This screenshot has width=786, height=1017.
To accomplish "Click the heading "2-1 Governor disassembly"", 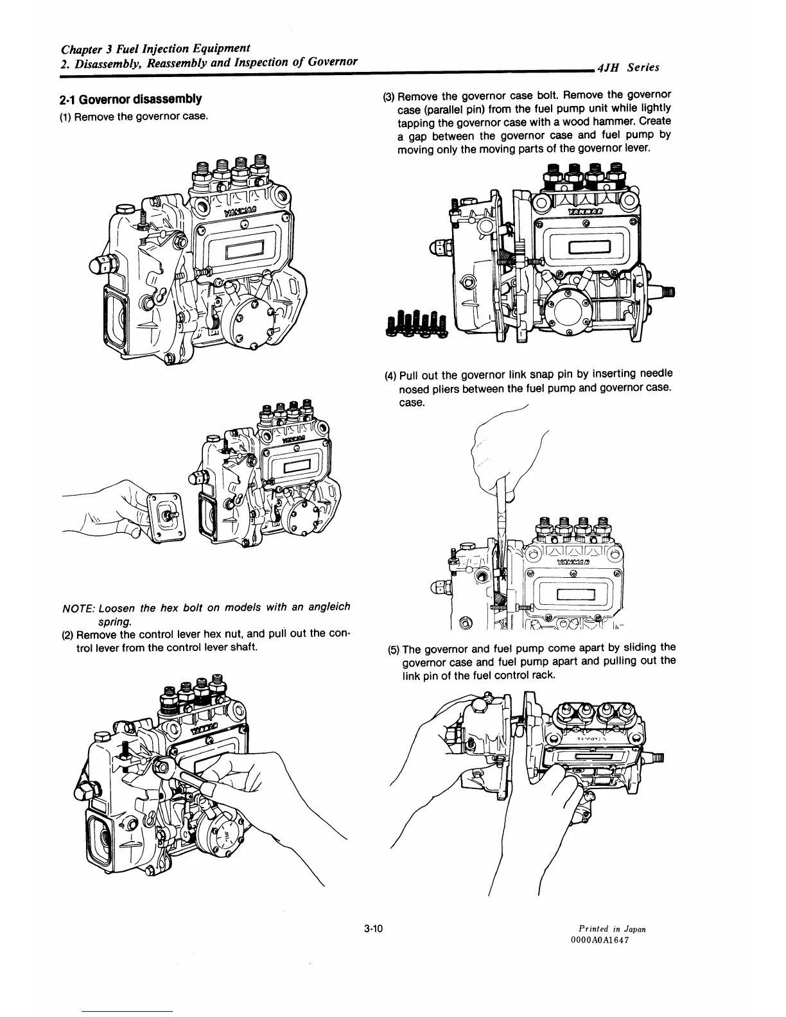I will click(x=130, y=100).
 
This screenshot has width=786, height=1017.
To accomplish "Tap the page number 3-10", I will click(x=372, y=928).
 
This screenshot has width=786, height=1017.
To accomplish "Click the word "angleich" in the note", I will click(x=327, y=607).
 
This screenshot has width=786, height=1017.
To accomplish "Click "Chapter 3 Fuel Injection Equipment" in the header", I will click(x=155, y=49).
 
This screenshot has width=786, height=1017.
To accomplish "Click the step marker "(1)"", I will click(x=66, y=116).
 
